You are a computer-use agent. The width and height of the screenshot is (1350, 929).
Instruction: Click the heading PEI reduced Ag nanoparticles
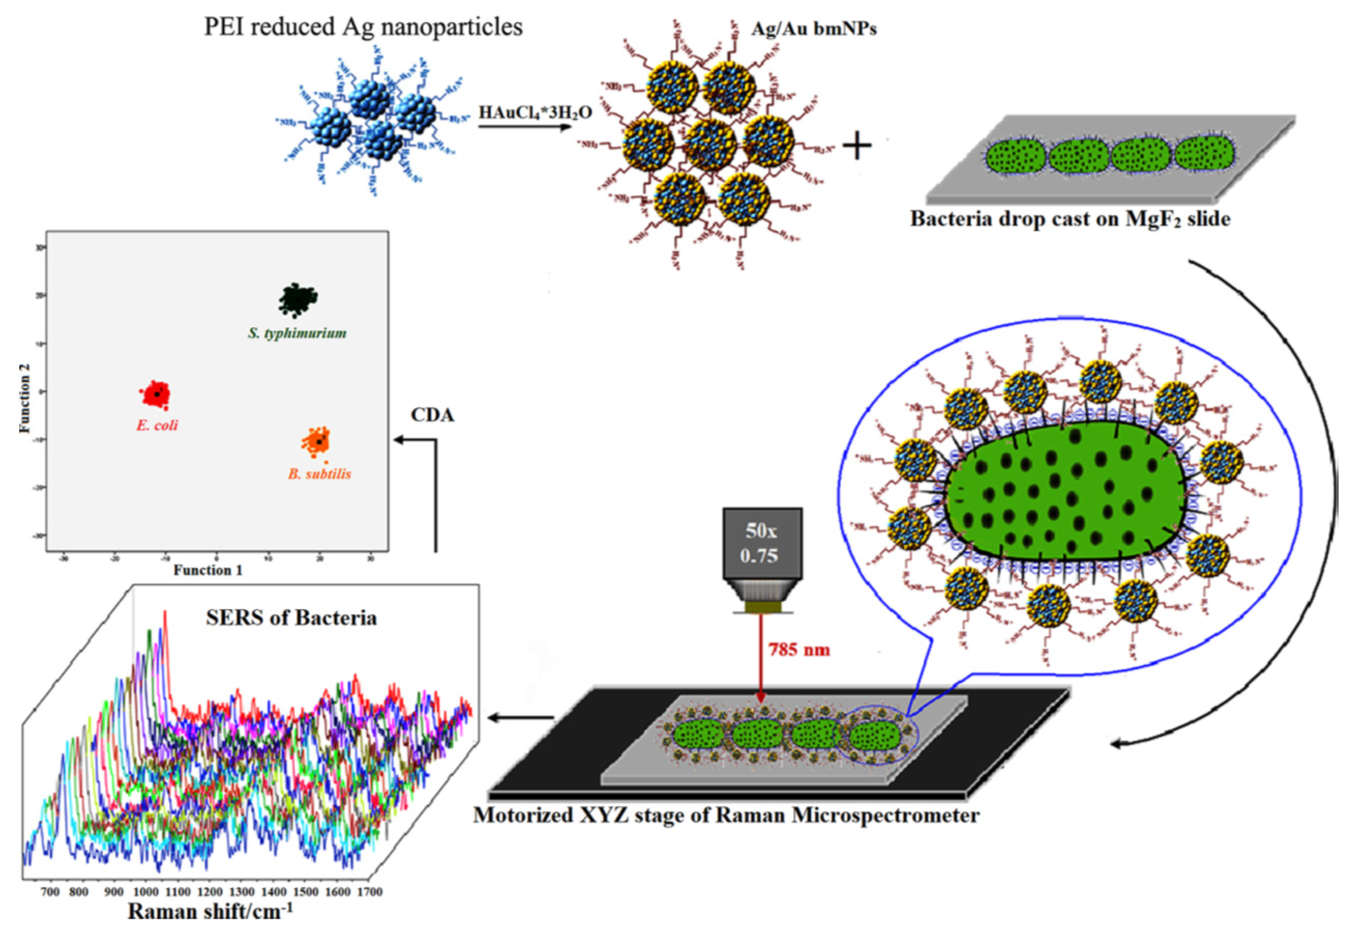[363, 27]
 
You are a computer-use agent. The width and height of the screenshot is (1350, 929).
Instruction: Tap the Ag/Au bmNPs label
[813, 28]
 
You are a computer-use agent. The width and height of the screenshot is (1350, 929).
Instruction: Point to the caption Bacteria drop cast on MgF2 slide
[1070, 219]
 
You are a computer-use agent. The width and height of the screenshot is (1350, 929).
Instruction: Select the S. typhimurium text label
[297, 333]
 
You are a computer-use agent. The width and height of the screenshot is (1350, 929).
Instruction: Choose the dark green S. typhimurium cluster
[297, 299]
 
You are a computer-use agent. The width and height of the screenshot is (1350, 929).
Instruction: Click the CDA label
[432, 415]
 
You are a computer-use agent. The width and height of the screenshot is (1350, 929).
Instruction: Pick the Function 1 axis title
[207, 570]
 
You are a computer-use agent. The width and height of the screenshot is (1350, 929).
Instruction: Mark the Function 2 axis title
[24, 403]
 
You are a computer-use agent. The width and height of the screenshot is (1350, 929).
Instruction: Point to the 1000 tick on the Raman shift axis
[145, 892]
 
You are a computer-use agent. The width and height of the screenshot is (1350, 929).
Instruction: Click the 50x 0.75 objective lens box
[762, 543]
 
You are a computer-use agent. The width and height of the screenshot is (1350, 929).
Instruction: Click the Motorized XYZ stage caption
[726, 815]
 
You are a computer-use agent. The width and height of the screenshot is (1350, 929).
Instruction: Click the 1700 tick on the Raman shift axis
[369, 892]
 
